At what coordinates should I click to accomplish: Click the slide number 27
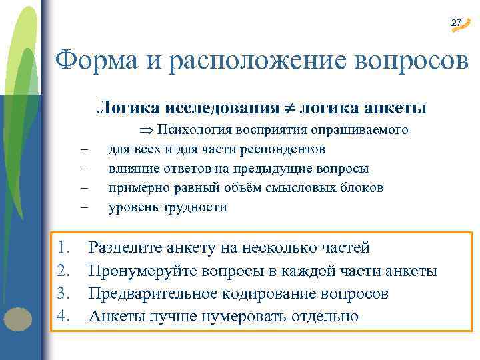456,23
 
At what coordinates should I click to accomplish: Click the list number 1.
63,249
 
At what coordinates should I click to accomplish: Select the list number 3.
63,293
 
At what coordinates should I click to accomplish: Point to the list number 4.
63,315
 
